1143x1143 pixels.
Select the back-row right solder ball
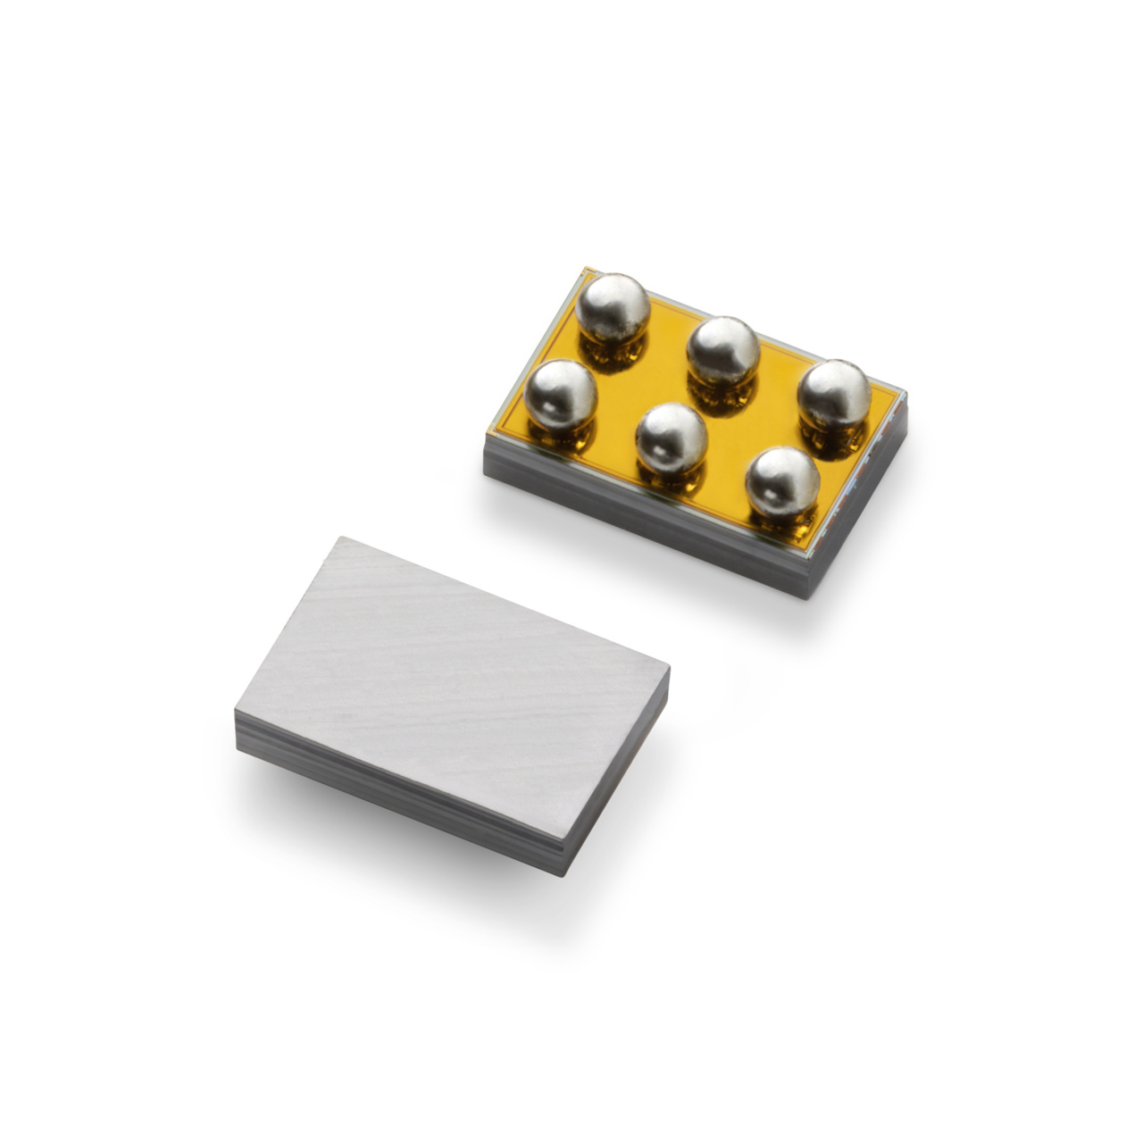click(833, 394)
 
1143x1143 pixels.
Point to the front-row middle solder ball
click(671, 438)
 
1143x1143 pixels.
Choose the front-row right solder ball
click(782, 481)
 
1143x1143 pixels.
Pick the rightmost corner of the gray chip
click(669, 665)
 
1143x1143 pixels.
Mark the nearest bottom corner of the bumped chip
click(811, 594)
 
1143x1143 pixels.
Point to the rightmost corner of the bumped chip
click(905, 393)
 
